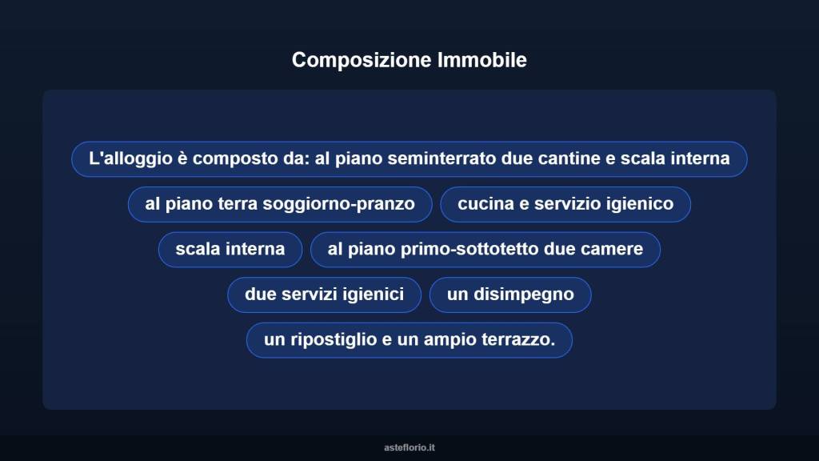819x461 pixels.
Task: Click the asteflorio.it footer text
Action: point(409,447)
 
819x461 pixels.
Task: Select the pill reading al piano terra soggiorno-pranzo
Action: point(280,204)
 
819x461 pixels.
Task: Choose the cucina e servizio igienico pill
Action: point(565,204)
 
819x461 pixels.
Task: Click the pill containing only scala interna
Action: point(230,249)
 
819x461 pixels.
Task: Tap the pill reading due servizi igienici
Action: point(324,295)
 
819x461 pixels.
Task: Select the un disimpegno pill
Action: point(510,295)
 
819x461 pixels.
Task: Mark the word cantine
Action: point(569,158)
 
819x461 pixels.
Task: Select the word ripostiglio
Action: point(331,340)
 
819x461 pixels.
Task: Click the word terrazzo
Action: point(517,340)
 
